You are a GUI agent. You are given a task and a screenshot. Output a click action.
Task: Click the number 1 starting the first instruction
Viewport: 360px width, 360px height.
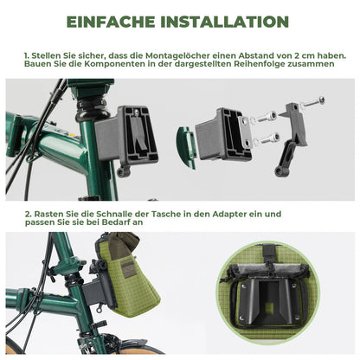point(27,53)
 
